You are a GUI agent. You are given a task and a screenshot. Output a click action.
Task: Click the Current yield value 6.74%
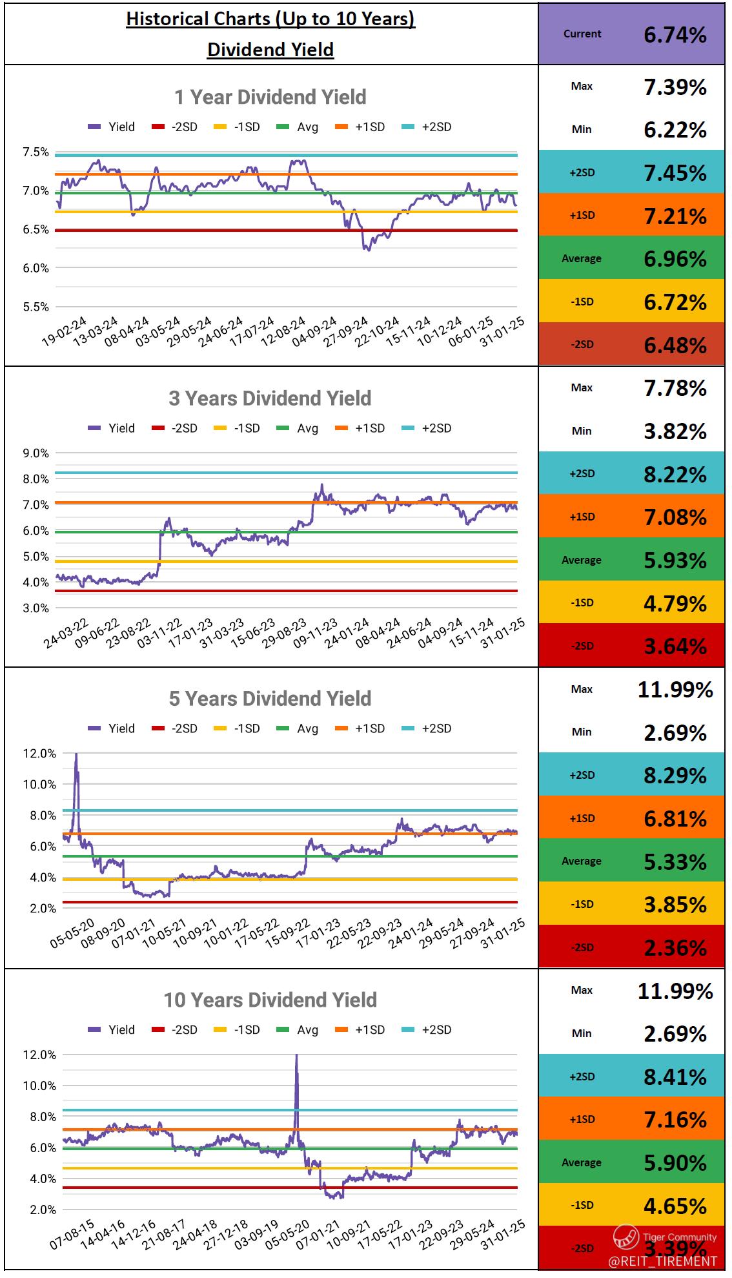(x=675, y=35)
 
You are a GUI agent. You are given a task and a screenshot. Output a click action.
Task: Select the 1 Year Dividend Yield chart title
(x=270, y=98)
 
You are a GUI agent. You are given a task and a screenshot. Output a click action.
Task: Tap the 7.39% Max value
(x=675, y=87)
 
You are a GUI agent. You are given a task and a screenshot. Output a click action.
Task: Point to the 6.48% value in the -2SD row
(x=675, y=345)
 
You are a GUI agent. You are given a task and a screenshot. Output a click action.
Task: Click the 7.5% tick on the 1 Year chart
(x=36, y=152)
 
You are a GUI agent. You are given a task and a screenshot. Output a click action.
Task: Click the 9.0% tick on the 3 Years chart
(x=36, y=453)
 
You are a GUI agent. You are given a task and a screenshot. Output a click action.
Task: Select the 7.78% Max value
(x=675, y=389)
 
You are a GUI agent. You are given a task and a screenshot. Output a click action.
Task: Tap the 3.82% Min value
(x=675, y=431)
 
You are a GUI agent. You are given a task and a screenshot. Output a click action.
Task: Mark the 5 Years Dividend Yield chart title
(x=270, y=699)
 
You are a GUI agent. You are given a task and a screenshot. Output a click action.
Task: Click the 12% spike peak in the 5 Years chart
(x=76, y=755)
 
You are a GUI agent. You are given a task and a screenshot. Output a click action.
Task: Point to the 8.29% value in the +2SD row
(x=675, y=776)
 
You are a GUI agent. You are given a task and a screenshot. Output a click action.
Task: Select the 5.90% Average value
(x=675, y=1163)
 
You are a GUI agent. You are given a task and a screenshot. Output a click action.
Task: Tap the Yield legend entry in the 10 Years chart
(x=112, y=1030)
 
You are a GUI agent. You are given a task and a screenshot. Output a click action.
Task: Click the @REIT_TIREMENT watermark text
(x=663, y=1261)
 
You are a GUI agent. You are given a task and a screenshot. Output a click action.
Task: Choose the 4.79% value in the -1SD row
(x=675, y=604)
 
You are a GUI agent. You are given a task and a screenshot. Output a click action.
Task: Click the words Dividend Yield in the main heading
(x=270, y=50)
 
